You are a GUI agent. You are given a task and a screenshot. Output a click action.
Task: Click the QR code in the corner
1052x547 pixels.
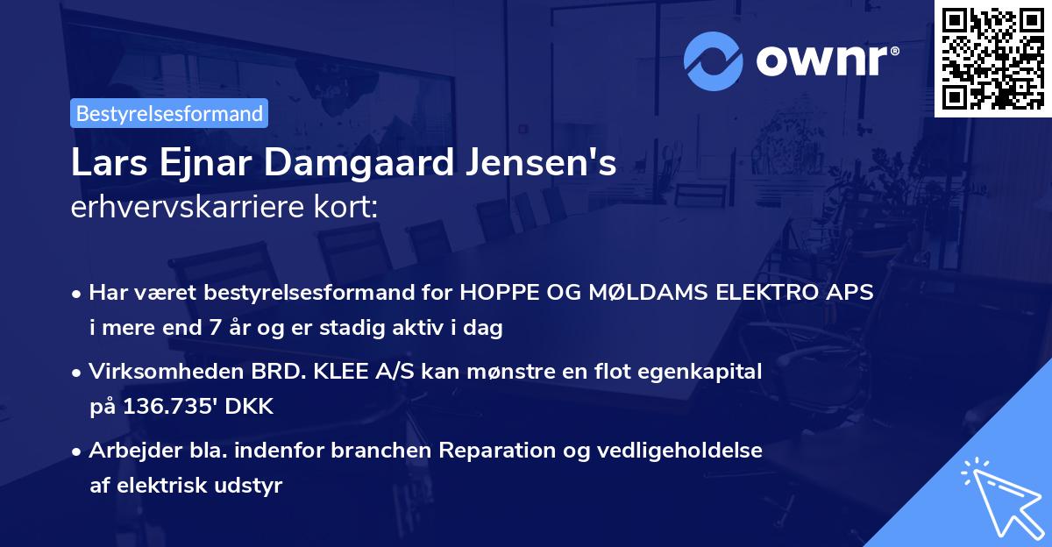click(993, 58)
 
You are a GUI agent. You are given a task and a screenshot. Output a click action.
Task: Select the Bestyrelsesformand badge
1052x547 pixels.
click(169, 113)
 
